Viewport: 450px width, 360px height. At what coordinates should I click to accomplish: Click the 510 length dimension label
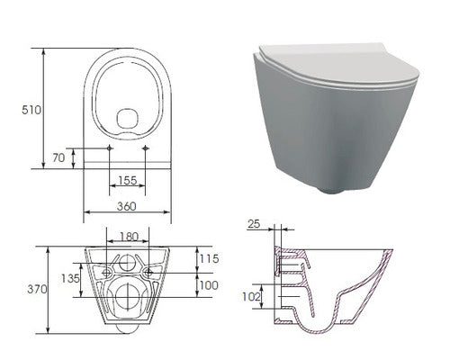31,110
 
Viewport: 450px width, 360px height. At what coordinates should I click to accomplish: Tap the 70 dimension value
58,157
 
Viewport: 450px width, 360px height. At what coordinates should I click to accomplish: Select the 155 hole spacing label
128,180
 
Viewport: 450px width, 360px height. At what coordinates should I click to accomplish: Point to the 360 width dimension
127,206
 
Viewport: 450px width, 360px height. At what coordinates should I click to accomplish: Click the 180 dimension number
129,237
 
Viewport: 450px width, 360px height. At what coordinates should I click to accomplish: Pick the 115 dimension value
210,258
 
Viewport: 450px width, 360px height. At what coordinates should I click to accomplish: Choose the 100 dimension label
209,285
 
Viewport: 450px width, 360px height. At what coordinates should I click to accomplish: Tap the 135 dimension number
70,278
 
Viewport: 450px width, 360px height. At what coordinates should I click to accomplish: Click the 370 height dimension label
37,289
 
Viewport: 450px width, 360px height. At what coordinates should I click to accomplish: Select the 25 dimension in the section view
254,224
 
